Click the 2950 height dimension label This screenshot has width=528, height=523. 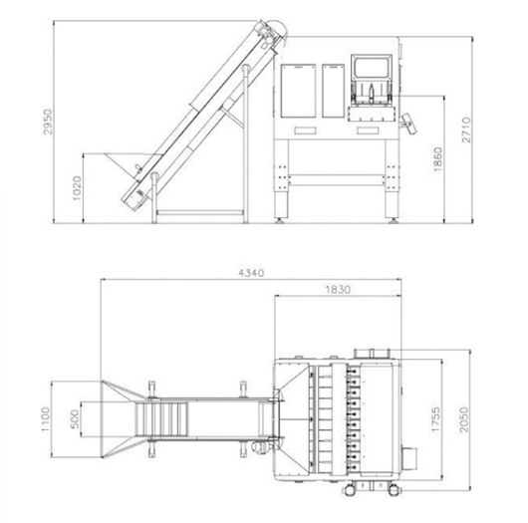click(48, 122)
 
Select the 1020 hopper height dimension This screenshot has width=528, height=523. click(77, 188)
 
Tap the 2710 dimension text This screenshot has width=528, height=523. click(466, 130)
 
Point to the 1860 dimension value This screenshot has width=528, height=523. click(437, 159)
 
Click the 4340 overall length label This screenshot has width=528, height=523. click(251, 272)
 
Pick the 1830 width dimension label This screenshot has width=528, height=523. click(338, 289)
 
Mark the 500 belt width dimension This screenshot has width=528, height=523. click(75, 419)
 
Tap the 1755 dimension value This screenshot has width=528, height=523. click(435, 419)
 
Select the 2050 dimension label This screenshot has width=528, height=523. click(464, 419)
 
